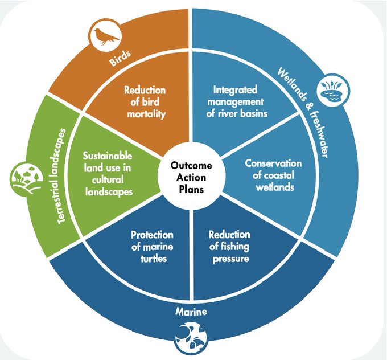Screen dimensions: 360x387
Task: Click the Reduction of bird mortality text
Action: [145, 103]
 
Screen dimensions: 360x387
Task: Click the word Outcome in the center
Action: [192, 165]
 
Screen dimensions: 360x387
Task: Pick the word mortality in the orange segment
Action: [145, 113]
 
